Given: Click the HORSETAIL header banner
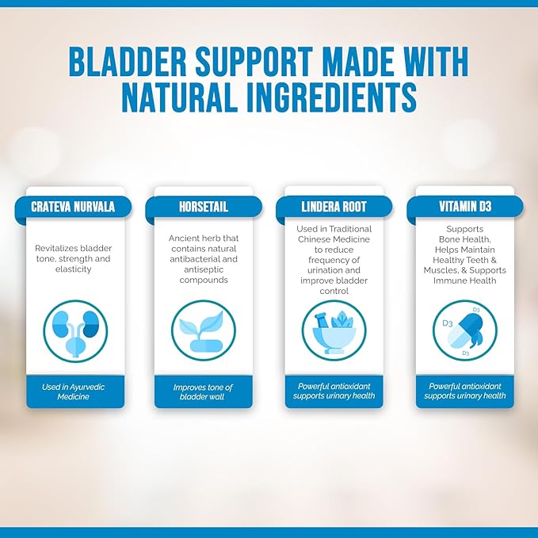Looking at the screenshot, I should pyautogui.click(x=204, y=206).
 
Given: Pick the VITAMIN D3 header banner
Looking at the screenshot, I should pyautogui.click(x=464, y=206).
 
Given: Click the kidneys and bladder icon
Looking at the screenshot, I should pyautogui.click(x=74, y=330).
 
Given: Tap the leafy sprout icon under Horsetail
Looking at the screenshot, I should pyautogui.click(x=204, y=330).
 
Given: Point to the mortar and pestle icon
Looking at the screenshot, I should pyautogui.click(x=334, y=330).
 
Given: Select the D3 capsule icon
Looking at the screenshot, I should pyautogui.click(x=464, y=330).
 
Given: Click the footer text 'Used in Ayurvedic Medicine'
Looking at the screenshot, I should pyautogui.click(x=74, y=391).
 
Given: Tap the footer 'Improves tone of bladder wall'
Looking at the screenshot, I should pyautogui.click(x=204, y=391).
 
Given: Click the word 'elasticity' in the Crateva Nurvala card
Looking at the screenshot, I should pyautogui.click(x=74, y=269).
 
